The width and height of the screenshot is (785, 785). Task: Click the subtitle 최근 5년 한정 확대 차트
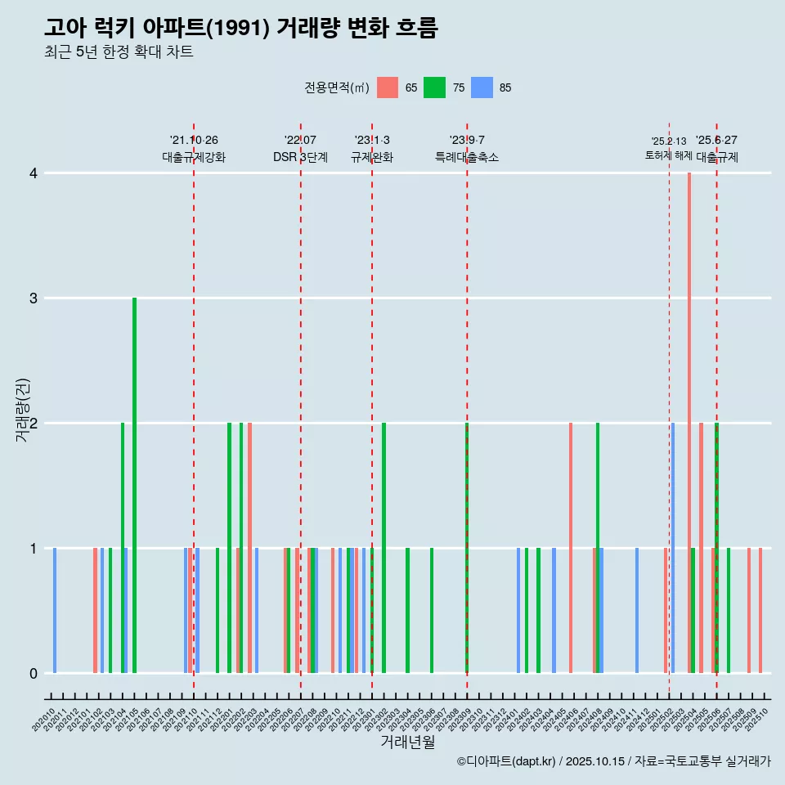119,52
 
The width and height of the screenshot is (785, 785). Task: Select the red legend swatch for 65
388,87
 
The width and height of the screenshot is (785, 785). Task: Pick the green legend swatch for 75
434,87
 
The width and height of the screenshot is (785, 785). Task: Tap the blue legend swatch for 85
482,87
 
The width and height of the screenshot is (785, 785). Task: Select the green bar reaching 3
134,485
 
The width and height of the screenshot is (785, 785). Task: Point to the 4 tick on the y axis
34,173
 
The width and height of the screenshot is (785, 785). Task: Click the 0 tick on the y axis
34,673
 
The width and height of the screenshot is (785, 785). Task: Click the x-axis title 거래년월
407,742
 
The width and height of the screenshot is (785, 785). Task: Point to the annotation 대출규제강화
193,158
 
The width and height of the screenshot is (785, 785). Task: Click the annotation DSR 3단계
300,158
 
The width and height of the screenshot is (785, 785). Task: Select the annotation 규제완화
372,158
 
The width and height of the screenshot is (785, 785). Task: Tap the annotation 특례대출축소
466,158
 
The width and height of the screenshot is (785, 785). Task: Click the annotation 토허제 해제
668,155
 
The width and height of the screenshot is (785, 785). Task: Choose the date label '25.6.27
716,140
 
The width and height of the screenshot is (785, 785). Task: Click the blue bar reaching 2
673,548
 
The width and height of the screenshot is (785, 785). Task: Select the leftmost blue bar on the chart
55,610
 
